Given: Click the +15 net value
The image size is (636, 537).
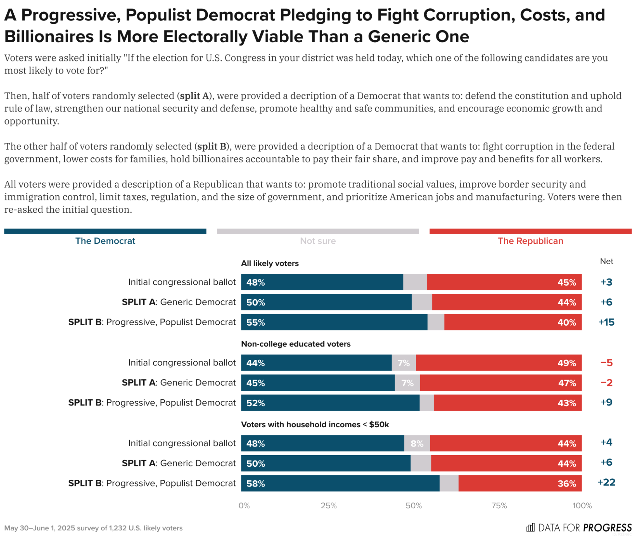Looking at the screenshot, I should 606,322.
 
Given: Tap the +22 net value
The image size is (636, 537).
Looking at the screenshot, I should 606,482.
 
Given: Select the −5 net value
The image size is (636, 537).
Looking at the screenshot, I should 606,363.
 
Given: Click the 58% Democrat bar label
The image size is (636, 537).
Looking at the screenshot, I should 255,484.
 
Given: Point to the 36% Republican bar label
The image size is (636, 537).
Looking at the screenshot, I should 567,484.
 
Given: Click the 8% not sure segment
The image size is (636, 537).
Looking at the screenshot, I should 417,443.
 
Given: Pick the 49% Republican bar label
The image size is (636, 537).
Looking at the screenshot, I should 567,363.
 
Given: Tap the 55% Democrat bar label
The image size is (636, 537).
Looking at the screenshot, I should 255,322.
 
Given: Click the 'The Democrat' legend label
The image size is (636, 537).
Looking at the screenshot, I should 105,241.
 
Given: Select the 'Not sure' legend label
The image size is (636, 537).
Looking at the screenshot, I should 318,241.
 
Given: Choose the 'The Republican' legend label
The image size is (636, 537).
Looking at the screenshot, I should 530,241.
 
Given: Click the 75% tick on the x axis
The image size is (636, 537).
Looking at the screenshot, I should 499,506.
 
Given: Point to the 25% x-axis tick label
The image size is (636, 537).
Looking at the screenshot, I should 328,506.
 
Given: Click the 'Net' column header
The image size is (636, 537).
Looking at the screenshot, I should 606,261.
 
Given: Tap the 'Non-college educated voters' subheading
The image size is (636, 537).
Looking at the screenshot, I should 296,344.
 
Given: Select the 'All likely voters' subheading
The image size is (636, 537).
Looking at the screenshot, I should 270,264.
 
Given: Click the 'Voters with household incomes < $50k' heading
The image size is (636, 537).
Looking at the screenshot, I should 315,425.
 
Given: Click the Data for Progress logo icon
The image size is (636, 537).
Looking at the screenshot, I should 530,527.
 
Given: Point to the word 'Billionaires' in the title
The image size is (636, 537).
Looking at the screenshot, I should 49,37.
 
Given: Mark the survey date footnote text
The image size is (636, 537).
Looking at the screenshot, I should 93,528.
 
